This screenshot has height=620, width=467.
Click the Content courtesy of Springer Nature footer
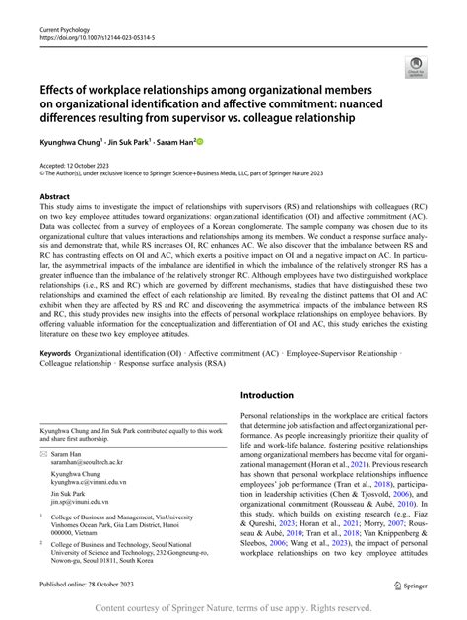(233, 609)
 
